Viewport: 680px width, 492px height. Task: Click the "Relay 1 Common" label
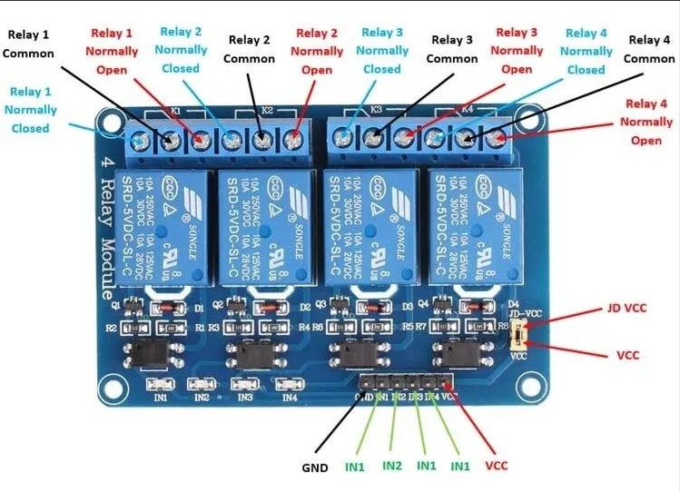28,44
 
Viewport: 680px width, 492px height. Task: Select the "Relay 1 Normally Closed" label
32,110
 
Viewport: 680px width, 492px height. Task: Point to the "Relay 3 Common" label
452,49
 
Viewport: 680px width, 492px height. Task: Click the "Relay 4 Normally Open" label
646,123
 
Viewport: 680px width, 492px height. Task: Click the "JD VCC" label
626,308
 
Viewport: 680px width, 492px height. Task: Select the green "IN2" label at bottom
392,466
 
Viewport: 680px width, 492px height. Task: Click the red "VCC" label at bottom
497,466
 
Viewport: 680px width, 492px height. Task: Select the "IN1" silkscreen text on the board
160,397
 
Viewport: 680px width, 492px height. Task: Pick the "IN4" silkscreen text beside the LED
290,397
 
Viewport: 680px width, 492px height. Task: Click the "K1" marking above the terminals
175,111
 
